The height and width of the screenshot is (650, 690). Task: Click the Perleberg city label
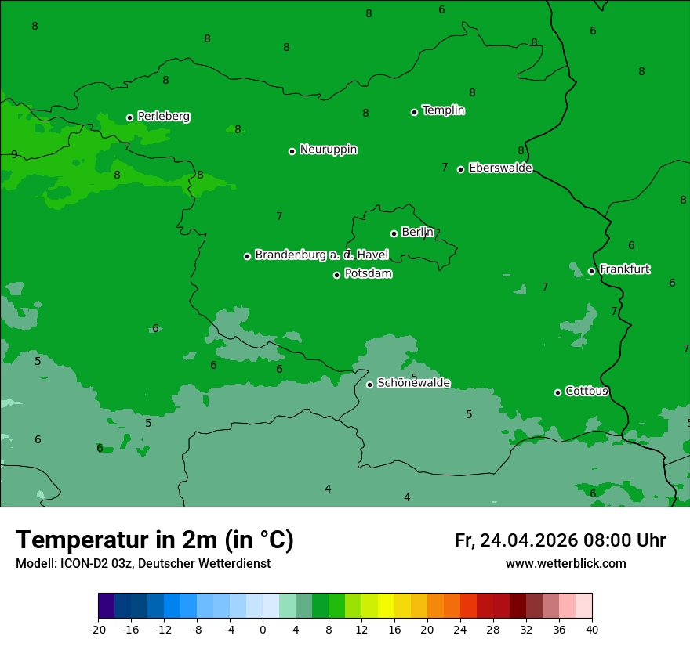pyautogui.click(x=163, y=117)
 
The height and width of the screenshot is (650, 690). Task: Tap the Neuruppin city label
pyautogui.click(x=328, y=150)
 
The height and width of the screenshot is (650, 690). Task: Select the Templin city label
pyautogui.click(x=443, y=110)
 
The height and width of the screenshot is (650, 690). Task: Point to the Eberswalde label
pyautogui.click(x=500, y=168)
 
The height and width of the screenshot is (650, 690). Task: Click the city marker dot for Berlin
pyautogui.click(x=394, y=233)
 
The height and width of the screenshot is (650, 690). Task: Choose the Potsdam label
pyautogui.click(x=368, y=274)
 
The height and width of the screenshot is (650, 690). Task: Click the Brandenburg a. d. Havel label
pyautogui.click(x=321, y=255)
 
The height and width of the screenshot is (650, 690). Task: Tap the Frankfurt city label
pyautogui.click(x=624, y=269)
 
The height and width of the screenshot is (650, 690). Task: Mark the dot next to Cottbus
pyautogui.click(x=557, y=392)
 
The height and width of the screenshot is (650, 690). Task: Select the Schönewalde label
pyautogui.click(x=413, y=383)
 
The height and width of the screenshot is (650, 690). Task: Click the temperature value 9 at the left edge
pyautogui.click(x=14, y=154)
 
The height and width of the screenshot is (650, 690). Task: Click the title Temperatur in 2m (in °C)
pyautogui.click(x=154, y=540)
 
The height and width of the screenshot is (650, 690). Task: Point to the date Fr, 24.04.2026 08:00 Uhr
pyautogui.click(x=560, y=540)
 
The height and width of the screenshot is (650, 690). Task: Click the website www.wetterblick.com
pyautogui.click(x=565, y=564)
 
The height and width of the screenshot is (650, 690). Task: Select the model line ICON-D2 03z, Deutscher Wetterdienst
pyautogui.click(x=143, y=564)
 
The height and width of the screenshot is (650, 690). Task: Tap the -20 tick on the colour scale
pyautogui.click(x=98, y=629)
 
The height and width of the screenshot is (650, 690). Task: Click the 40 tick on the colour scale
pyautogui.click(x=591, y=629)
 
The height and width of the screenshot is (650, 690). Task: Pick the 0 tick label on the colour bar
pyautogui.click(x=263, y=629)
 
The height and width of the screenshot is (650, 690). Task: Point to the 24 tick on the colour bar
pyautogui.click(x=460, y=629)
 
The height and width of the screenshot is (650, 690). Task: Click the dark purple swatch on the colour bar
pyautogui.click(x=106, y=606)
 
